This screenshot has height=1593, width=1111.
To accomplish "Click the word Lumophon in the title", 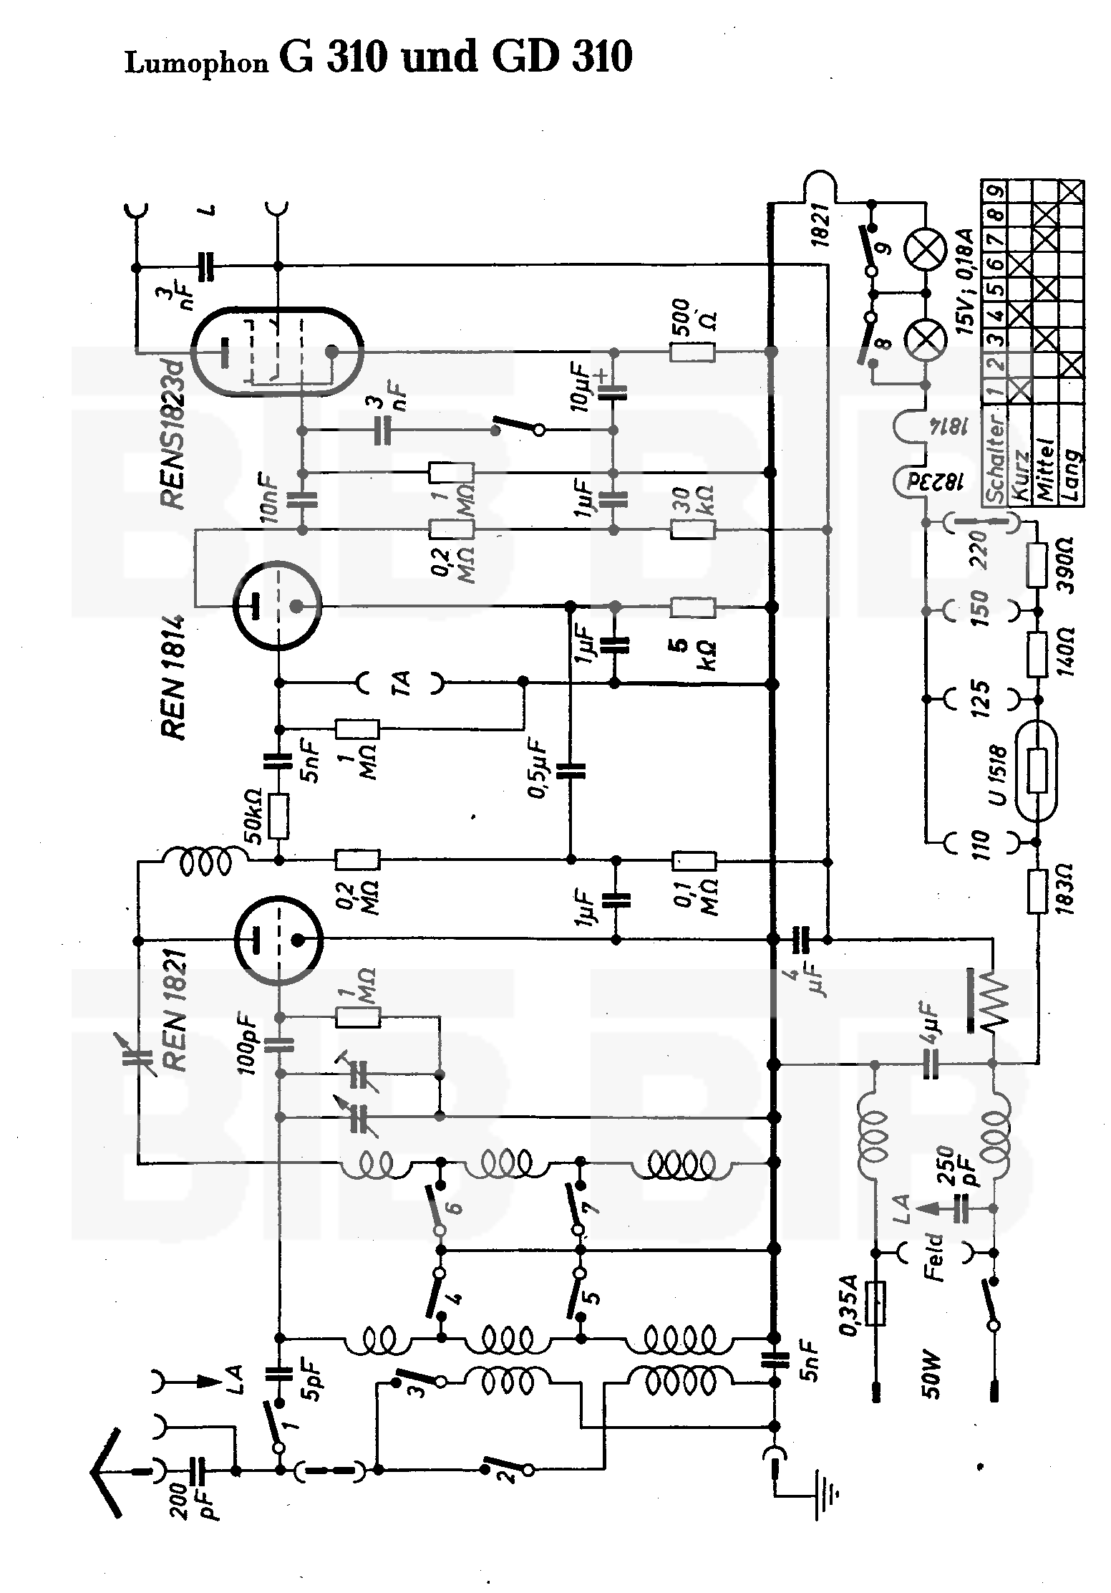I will coord(196,63).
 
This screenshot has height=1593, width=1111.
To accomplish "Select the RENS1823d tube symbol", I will coord(278,352).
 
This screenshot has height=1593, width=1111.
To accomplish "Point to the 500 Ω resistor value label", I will coord(692,315).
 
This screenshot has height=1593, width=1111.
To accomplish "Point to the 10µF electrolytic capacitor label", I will coord(581,388).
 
